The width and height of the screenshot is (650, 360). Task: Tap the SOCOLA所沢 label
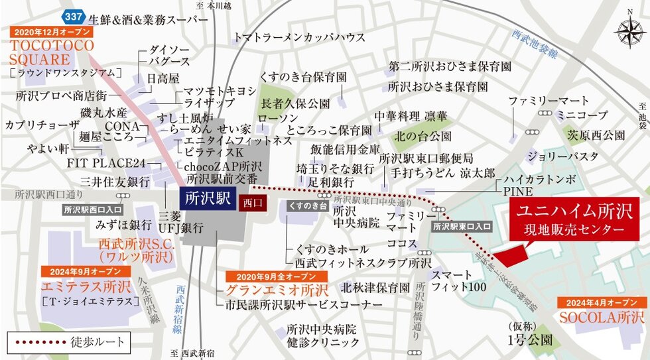coord(602,317)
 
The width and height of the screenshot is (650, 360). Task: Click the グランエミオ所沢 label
coord(277,290)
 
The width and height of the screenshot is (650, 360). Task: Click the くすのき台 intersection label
coord(306,207)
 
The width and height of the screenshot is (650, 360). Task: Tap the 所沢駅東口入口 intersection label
coord(462,227)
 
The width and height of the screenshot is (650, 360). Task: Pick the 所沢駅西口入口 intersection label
coord(89,210)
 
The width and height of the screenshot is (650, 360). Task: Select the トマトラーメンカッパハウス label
coord(309,36)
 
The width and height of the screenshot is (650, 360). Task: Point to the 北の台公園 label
coord(422,137)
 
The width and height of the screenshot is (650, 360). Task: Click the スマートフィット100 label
coord(459,281)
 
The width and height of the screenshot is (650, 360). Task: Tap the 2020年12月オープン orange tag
coord(51,32)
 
